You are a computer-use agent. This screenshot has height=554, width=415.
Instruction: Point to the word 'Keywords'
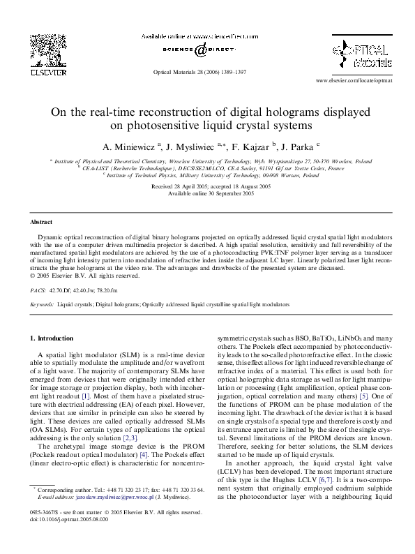click(x=41, y=305)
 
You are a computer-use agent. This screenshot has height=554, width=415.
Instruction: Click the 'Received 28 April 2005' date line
click(x=207, y=188)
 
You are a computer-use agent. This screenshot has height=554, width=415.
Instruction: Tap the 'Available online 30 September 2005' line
click(x=207, y=194)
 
